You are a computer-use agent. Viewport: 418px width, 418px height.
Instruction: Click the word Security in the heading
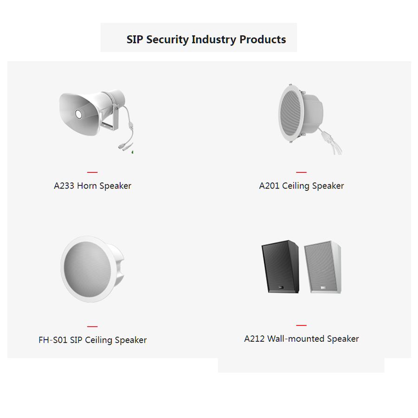[x=167, y=40]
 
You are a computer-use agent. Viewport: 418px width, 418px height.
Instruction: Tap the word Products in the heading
[x=262, y=39]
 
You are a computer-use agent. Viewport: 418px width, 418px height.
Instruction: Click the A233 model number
[x=64, y=186]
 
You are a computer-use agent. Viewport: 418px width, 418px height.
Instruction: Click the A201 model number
[x=269, y=186]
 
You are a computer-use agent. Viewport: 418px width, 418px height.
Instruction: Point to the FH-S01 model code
[x=53, y=340]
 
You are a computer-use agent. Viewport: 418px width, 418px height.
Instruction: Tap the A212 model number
[x=255, y=339]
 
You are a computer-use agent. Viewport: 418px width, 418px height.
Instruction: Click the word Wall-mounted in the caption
[x=296, y=339]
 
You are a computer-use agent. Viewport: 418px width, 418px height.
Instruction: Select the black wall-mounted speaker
[x=280, y=267]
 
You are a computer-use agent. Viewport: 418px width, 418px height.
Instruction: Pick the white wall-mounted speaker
[x=323, y=267]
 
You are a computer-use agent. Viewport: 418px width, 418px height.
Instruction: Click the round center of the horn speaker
[x=78, y=114]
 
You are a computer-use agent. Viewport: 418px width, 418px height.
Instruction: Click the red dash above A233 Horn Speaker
[x=92, y=172]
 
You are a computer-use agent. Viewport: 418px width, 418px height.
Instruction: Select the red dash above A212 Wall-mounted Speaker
[x=301, y=326]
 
